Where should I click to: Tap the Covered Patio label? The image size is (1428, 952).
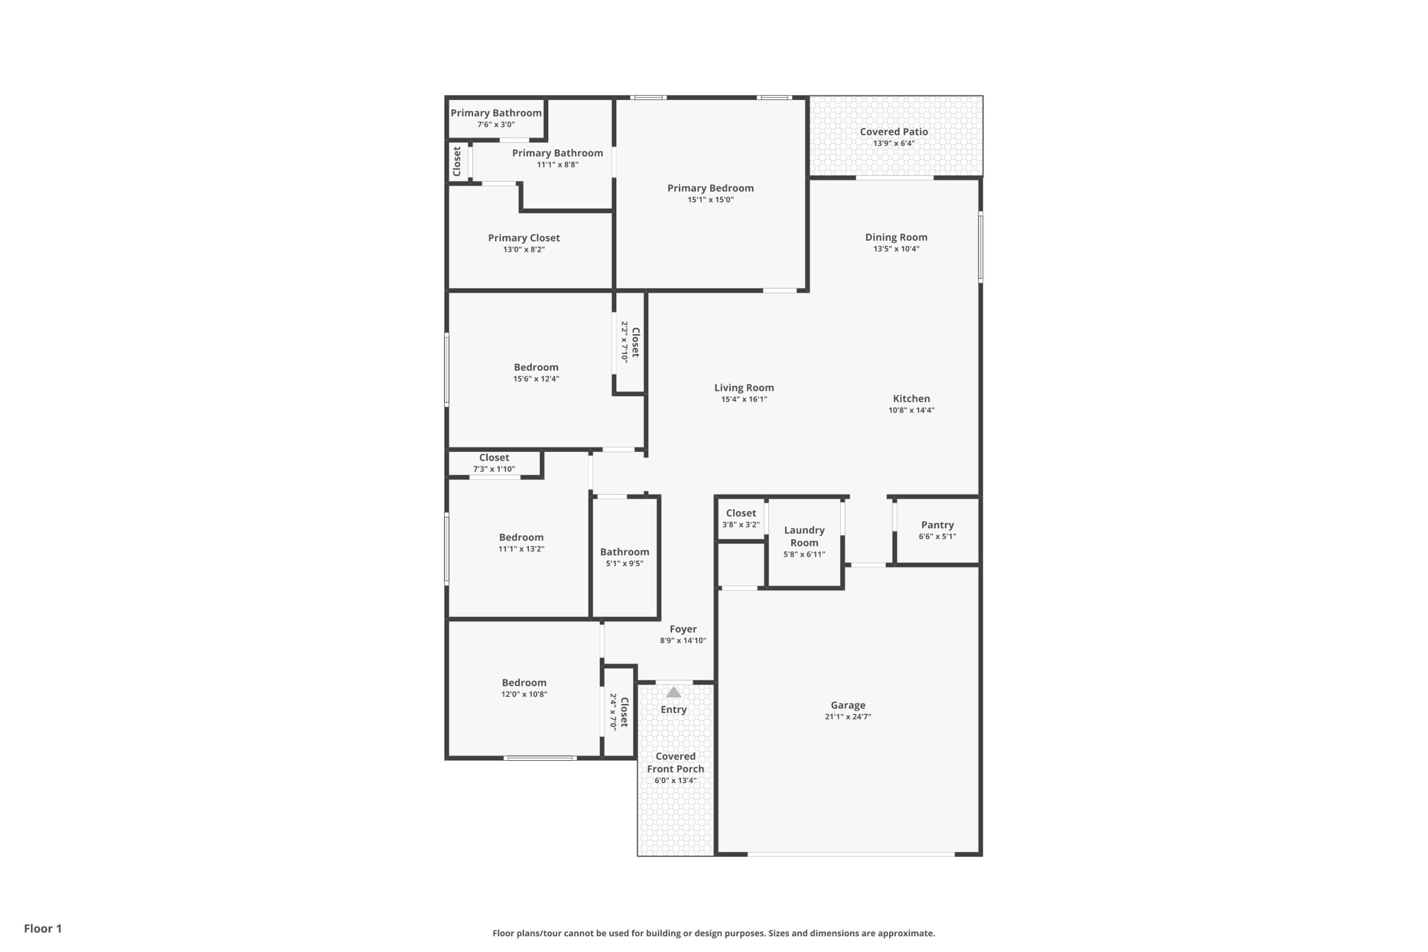[x=894, y=132]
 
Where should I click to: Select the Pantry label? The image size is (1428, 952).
[x=938, y=525]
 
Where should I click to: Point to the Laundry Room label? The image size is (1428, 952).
[x=804, y=536]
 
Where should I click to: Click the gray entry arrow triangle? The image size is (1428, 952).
[x=673, y=692]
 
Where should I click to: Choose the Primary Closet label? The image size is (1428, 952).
[x=524, y=238]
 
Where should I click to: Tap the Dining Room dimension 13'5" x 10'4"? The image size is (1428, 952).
[x=896, y=249]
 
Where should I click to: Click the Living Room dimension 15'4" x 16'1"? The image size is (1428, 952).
[x=744, y=399]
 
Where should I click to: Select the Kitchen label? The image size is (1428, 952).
[x=911, y=399]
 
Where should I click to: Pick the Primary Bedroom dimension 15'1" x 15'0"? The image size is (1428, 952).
[x=710, y=200]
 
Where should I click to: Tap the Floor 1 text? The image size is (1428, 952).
[x=43, y=929]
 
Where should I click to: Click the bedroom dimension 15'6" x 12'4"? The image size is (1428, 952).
[x=536, y=379]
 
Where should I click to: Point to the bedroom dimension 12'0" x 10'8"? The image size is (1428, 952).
[x=524, y=694]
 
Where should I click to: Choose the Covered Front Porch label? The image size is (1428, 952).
[x=675, y=762]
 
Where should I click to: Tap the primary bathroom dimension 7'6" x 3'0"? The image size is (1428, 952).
[x=496, y=124]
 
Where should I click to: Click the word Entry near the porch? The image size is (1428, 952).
[x=673, y=710]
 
